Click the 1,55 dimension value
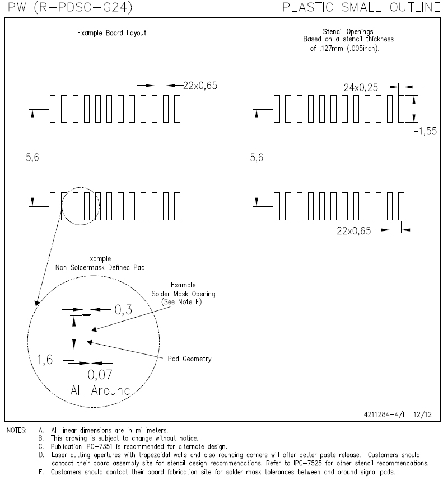coord(428,131)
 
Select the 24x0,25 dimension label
coord(361,88)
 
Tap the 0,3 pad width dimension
coord(124,310)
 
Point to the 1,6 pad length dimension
coord(45,360)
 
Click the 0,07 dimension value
coord(100,375)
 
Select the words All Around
coord(100,390)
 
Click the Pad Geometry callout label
coord(189,359)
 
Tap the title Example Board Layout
coord(112,33)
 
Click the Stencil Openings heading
coord(348,31)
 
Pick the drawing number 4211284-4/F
coord(385,415)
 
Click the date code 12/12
coord(422,415)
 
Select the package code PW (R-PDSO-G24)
coord(70,7)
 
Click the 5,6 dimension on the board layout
coord(32,157)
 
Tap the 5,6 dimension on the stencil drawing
coord(257,157)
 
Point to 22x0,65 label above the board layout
coord(200,86)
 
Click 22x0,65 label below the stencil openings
coord(354,230)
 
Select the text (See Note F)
coord(181,302)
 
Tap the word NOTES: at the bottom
coord(17,431)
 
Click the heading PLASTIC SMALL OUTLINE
coord(362,7)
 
